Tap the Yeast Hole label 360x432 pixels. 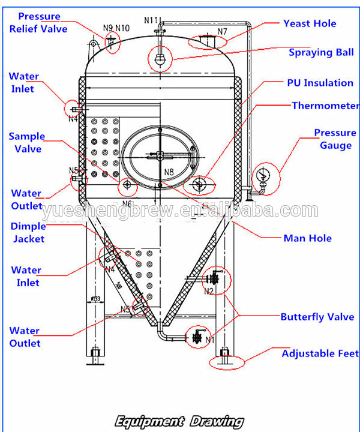(x=310, y=23)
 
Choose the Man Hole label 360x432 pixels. (x=307, y=238)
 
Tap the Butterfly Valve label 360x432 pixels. (x=317, y=317)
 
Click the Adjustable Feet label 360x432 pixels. (x=320, y=353)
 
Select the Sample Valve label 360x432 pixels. (x=26, y=143)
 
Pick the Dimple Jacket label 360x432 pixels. (x=28, y=232)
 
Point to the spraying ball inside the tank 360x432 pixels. (x=160, y=59)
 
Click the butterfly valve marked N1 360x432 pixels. (x=197, y=337)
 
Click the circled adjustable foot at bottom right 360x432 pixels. (x=226, y=358)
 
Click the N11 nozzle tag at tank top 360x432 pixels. (x=151, y=20)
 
